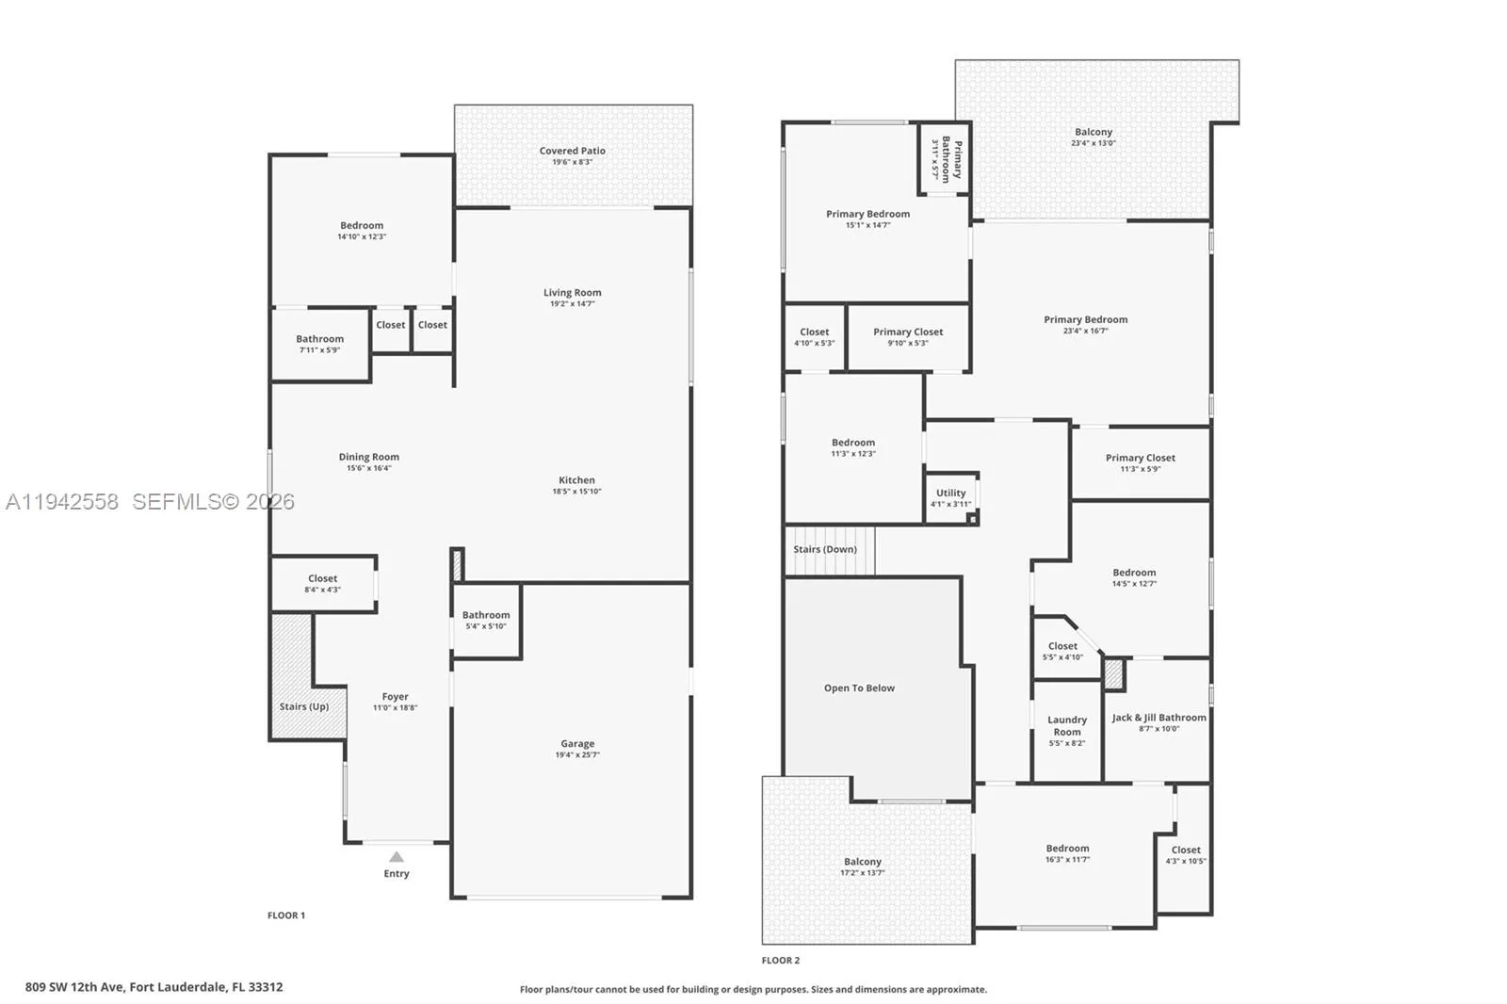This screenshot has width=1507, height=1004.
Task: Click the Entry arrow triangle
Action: pyautogui.click(x=397, y=857)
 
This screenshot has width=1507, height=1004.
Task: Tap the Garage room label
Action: pyautogui.click(x=577, y=743)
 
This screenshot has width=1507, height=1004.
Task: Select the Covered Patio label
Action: pyautogui.click(x=573, y=151)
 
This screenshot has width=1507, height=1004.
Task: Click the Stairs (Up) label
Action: pyautogui.click(x=304, y=705)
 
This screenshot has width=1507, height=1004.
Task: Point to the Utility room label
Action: pyautogui.click(x=950, y=493)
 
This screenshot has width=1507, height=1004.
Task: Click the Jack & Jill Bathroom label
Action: pyautogui.click(x=1159, y=718)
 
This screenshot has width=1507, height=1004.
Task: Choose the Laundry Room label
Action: pyautogui.click(x=1067, y=725)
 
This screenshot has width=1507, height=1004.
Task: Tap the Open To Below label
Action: pyautogui.click(x=859, y=688)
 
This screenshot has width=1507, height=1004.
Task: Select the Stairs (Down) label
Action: pyautogui.click(x=825, y=549)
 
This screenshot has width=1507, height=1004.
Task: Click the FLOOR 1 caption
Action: pyautogui.click(x=286, y=915)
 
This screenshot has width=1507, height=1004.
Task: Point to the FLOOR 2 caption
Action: pyautogui.click(x=781, y=961)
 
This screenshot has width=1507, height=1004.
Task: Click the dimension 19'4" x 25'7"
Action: pyautogui.click(x=577, y=755)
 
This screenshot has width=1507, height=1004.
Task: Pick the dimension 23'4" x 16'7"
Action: pyautogui.click(x=1085, y=332)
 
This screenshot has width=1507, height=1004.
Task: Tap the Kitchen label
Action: pyautogui.click(x=576, y=479)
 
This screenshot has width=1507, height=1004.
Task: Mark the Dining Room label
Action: pyautogui.click(x=368, y=457)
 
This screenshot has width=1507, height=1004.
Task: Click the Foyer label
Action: pyautogui.click(x=395, y=696)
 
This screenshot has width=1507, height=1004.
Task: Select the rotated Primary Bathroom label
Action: pyautogui.click(x=951, y=159)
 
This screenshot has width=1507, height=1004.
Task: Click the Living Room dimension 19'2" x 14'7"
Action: pyautogui.click(x=573, y=304)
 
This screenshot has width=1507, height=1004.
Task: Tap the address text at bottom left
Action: pyautogui.click(x=154, y=987)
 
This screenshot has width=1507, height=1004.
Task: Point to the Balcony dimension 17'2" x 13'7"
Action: pyautogui.click(x=863, y=873)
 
